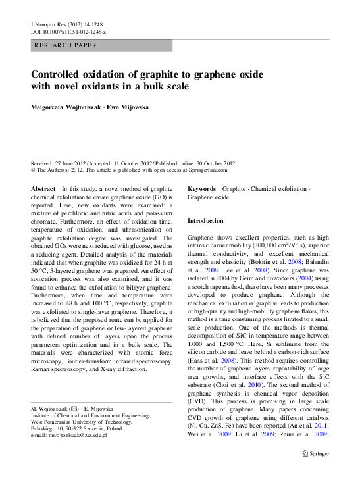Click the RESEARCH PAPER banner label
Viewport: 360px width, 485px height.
tap(66, 46)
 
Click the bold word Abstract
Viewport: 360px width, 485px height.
tap(43, 189)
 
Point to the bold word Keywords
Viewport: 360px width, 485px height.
tap(202, 189)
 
